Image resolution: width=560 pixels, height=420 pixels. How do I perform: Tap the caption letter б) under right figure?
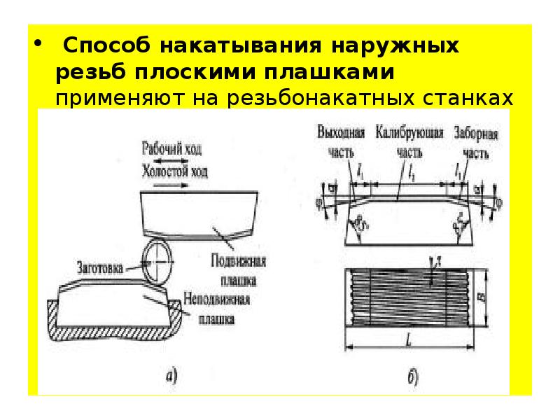[412, 378]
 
